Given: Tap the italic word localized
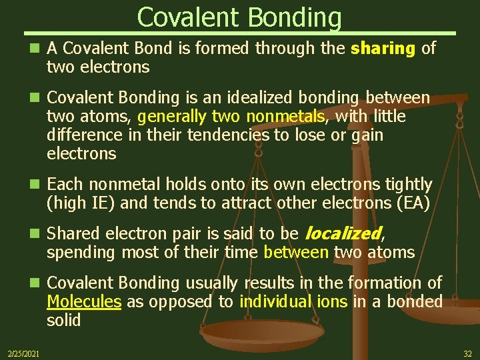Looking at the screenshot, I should tap(343, 233).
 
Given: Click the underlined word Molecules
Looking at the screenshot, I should tap(84, 302).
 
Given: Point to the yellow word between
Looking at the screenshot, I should tap(296, 253).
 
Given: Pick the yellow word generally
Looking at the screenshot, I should tap(172, 117).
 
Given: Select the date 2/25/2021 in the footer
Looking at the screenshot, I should tap(23, 352).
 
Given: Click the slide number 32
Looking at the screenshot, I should tap(467, 352).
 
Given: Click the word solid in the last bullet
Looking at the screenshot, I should tap(64, 321).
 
